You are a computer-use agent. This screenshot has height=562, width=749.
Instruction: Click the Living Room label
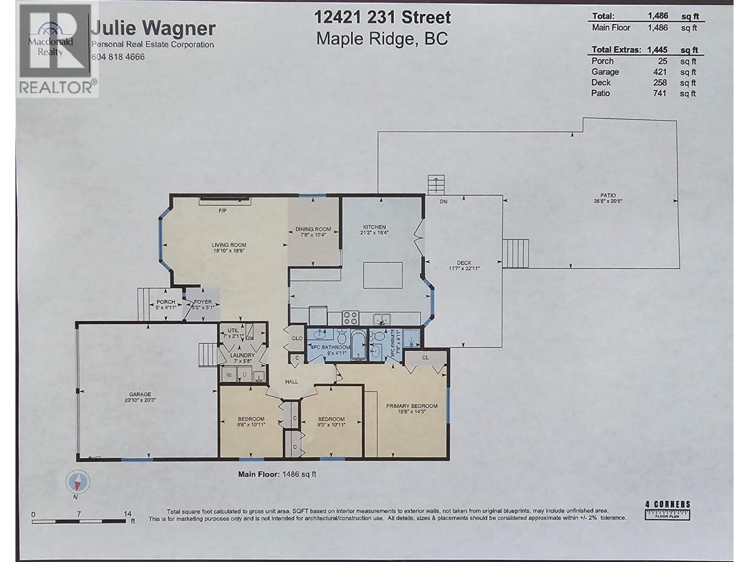point(229,244)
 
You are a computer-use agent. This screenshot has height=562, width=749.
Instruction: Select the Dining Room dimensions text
point(313,235)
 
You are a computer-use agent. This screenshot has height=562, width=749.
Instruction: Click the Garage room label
point(140,394)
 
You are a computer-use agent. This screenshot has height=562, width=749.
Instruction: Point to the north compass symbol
point(78,482)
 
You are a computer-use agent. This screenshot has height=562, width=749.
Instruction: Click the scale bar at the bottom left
point(79,521)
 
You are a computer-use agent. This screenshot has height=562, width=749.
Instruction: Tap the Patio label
point(608,195)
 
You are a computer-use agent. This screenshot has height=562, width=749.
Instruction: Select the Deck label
point(464,263)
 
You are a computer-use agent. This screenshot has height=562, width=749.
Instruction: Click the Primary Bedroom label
point(412,406)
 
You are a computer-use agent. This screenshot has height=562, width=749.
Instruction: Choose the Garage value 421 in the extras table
point(659,72)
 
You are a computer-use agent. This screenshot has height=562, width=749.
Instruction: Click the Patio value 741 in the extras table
point(659,93)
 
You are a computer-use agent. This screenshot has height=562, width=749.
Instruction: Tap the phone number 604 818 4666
point(118,57)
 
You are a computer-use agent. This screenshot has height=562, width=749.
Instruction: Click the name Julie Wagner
point(153,28)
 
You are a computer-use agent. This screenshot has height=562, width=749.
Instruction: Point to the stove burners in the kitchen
point(351,318)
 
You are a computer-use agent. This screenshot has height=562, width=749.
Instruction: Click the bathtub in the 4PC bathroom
point(358,345)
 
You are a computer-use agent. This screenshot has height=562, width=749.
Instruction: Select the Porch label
point(166,302)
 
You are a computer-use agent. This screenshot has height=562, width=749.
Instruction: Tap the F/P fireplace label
point(222,211)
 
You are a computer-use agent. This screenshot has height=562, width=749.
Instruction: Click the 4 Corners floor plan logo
point(668,510)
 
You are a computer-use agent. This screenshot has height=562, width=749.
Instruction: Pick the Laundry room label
point(242,355)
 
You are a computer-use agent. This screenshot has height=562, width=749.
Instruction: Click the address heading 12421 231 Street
point(382,17)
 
